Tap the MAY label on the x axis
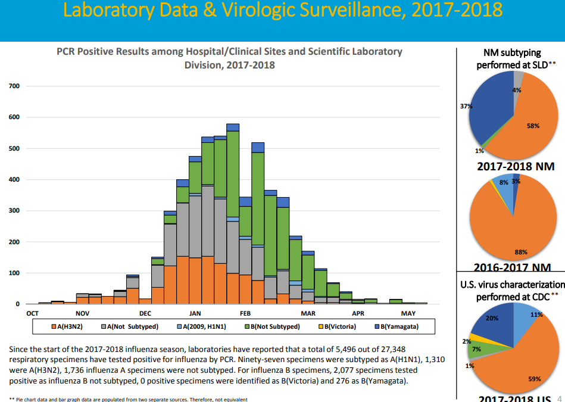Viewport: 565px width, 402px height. (408, 313)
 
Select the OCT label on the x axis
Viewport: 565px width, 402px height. (33, 313)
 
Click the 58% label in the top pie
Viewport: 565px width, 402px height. (533, 126)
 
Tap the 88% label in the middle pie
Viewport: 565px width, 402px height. (521, 252)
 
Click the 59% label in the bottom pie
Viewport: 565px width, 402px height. (535, 378)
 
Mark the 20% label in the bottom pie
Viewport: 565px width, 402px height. (492, 318)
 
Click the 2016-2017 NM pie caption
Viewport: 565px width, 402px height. (512, 268)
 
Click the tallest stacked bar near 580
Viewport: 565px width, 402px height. (233, 214)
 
